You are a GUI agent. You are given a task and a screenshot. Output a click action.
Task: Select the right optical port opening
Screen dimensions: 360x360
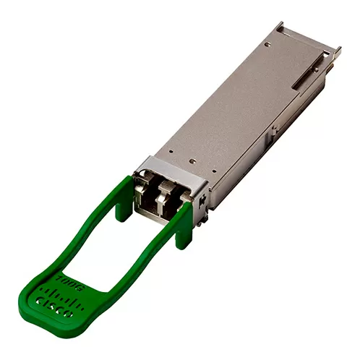point(170,197)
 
